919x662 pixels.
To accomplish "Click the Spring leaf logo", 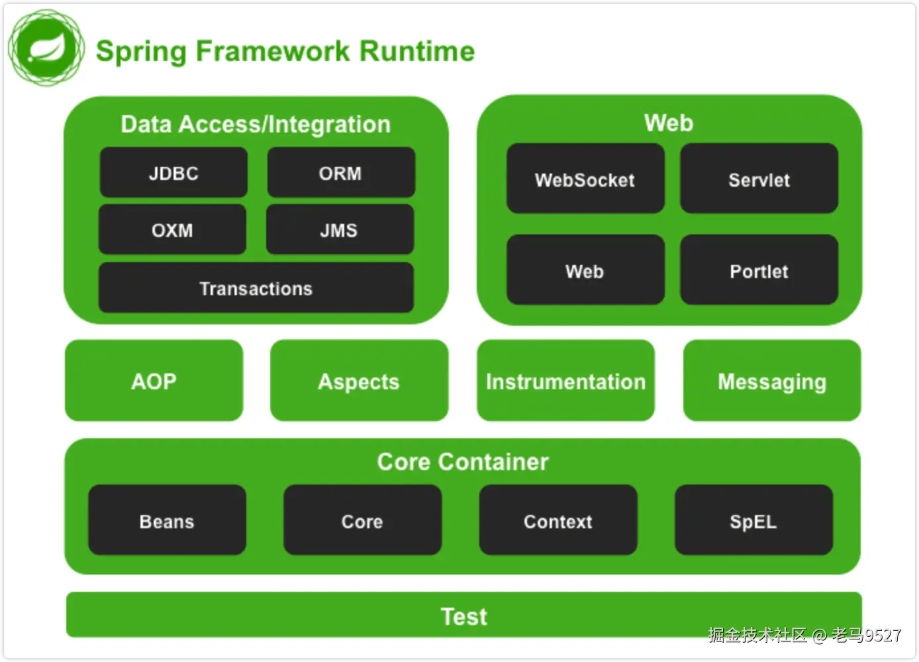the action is point(46,48).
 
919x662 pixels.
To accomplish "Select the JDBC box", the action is point(173,172).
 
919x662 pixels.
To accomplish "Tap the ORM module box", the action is point(341,172).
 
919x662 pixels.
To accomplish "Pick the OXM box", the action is point(172,229).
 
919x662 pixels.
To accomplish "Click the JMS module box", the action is point(340,229).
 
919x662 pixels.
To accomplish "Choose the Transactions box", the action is point(256,287).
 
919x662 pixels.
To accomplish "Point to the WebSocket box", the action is point(585,179).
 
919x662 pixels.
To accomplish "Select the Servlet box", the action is point(759,179).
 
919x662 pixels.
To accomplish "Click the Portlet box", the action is point(759,270).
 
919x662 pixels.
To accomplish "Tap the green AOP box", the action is point(154,381).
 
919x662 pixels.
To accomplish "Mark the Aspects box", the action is point(359,381).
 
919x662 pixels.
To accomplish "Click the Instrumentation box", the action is point(565,381).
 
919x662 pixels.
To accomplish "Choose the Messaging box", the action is point(772,381).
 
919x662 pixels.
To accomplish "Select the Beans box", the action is point(167,520).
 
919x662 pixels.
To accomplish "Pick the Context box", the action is point(558,520).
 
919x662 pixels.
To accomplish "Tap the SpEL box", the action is point(753,520).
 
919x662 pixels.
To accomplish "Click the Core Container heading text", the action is point(463,462).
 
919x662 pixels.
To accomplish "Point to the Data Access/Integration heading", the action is point(256,124).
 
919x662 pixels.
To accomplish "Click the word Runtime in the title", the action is point(417,51).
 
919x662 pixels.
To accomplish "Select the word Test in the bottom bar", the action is point(464,616).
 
